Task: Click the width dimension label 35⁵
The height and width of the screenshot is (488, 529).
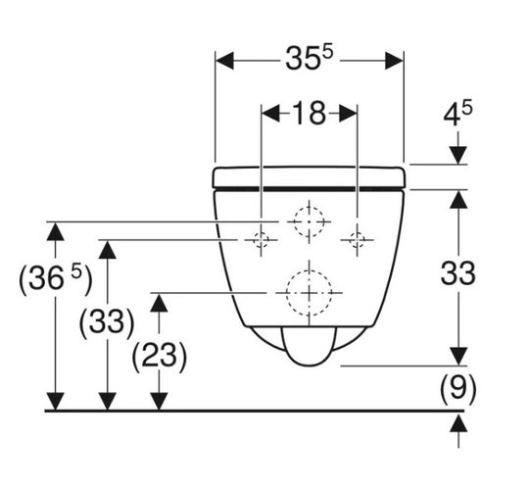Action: coord(309,58)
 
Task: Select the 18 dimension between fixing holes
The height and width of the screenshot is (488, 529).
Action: coord(309,113)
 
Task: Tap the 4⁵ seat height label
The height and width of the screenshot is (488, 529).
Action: coord(457,113)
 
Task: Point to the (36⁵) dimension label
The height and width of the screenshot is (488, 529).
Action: coord(55,277)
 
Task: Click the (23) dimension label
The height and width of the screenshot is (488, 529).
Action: coord(159,357)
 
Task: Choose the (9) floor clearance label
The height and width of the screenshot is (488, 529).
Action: coord(457,389)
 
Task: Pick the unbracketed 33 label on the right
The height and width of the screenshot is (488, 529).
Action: coord(457,273)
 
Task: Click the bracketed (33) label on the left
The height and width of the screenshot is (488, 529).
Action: coord(107,322)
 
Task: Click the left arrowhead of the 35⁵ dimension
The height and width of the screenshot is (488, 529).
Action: coord(224,61)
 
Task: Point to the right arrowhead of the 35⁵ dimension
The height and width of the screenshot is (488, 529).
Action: coord(395,61)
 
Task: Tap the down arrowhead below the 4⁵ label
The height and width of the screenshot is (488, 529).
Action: coord(458,156)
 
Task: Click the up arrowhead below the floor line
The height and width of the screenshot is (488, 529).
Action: coord(458,423)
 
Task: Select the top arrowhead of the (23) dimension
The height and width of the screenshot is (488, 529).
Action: coord(159,303)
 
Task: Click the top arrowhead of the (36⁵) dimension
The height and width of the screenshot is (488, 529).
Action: coord(55,231)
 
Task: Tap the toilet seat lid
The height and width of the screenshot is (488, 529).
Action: coord(309,176)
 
